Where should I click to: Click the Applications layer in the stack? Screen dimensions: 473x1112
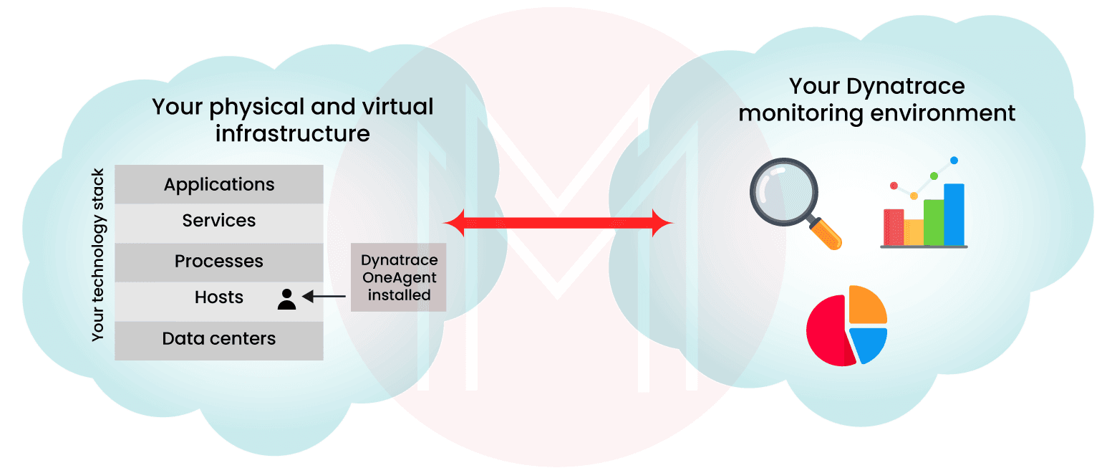point(218,184)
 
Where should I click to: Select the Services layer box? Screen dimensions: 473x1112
point(218,221)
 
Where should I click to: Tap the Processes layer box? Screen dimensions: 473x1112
point(218,262)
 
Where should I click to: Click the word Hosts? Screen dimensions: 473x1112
point(219,297)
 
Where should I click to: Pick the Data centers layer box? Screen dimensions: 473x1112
point(218,338)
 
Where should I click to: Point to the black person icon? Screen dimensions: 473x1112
point(286,300)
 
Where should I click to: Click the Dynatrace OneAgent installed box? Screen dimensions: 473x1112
point(399,277)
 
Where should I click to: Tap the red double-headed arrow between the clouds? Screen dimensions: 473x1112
point(559,224)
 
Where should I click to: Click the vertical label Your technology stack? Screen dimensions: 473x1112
point(99,255)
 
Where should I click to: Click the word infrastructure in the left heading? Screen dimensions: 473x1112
point(293,133)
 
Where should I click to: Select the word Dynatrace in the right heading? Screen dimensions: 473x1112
point(906,87)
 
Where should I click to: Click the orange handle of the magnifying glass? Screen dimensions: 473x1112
point(826,234)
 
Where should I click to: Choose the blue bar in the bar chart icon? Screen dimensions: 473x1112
point(954,214)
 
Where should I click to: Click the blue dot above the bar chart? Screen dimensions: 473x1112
point(954,161)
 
